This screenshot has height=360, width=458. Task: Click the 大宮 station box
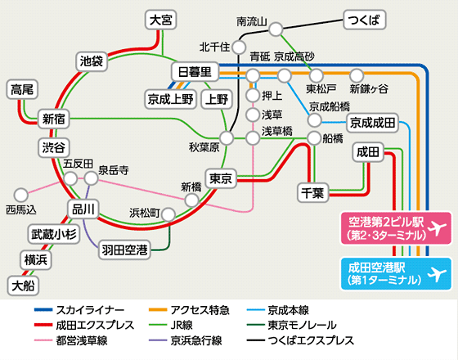pos(162,20)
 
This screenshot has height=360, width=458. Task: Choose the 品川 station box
pos(84,209)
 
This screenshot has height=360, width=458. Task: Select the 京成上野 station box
pos(169,99)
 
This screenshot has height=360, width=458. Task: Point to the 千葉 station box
pos(312,192)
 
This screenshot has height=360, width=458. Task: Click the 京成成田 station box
pos(372,123)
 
